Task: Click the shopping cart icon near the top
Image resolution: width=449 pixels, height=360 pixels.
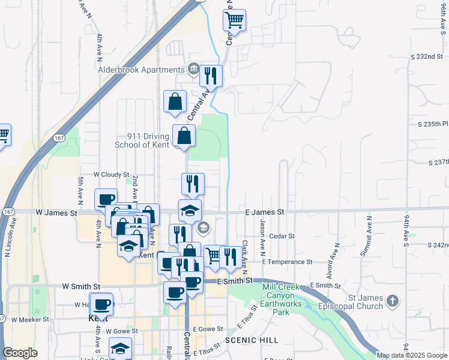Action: pos(235,20)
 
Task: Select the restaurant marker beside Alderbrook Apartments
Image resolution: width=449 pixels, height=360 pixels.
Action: pos(211,76)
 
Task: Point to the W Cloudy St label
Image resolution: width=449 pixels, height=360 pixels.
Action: pos(111,175)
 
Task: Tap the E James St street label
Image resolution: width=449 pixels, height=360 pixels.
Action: pos(265,212)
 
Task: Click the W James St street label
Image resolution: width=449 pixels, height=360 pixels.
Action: pos(57,212)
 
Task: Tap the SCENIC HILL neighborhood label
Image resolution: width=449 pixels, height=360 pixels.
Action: pos(252,340)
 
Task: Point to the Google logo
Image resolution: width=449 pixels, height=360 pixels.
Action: pos(20,353)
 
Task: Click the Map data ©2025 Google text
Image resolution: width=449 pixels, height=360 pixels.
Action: pos(412,355)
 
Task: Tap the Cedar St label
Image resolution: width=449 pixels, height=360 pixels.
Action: pos(282,236)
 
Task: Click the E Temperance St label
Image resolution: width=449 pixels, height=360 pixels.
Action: pos(287,262)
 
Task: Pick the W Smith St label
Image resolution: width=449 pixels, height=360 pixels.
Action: pos(81,287)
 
